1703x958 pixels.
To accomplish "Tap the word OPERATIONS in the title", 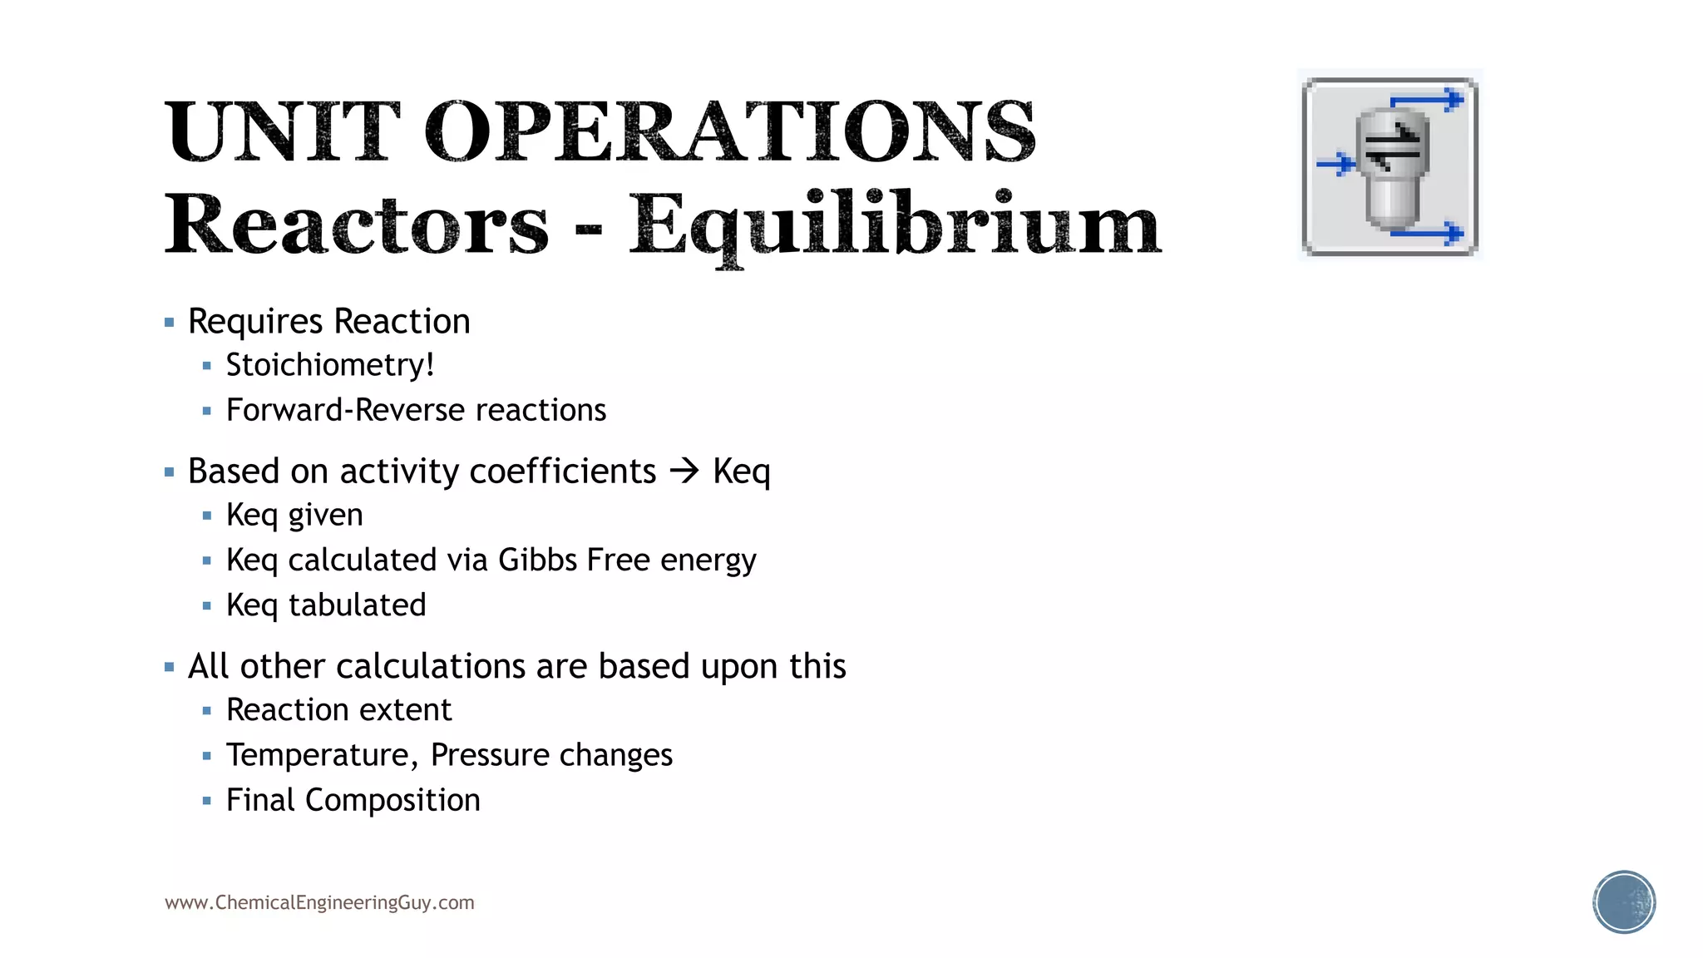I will pos(730,131).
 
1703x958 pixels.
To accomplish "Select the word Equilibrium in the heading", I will pos(894,225).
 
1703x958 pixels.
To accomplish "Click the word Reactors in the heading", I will pos(356,225).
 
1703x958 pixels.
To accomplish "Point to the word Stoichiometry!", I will pos(330,365).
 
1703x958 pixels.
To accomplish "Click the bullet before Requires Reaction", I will pos(170,322).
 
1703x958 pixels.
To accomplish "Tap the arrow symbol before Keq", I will pos(684,472).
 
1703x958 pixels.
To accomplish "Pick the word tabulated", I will pos(357,605).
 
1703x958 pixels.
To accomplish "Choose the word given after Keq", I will pos(325,516).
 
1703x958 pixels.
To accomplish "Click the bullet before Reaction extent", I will pos(207,711).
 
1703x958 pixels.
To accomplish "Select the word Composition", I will pos(392,800).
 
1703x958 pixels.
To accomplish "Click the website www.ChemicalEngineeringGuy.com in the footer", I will pos(319,902).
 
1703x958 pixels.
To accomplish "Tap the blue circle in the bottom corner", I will pos(1623,901).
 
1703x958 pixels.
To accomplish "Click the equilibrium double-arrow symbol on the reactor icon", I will pos(1392,146).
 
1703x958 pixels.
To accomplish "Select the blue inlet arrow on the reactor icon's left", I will pos(1335,163).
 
